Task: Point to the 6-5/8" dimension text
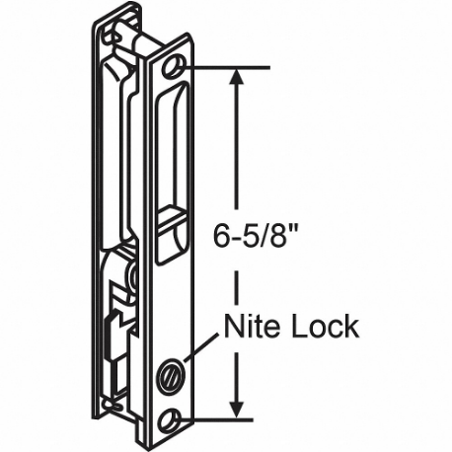252,237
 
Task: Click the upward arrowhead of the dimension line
235,79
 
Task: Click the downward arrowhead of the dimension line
235,407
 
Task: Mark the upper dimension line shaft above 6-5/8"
235,148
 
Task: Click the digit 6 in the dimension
220,237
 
